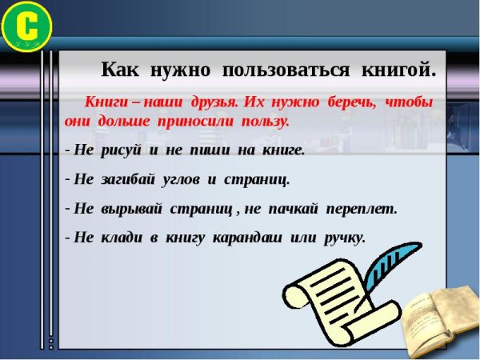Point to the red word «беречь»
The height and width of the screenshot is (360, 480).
(x=350, y=103)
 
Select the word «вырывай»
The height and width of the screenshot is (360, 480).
(x=132, y=209)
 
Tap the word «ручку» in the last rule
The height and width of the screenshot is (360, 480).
(x=344, y=238)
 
